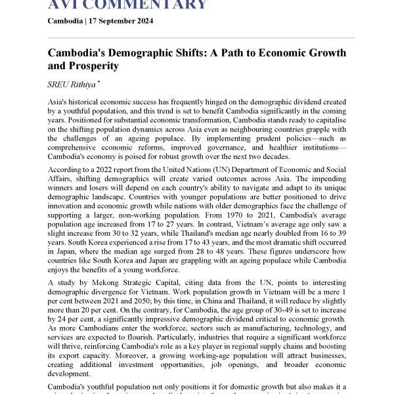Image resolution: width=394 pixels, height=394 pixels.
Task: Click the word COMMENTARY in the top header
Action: pyautogui.click(x=152, y=5)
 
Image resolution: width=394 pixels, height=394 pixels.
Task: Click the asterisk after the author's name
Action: pyautogui.click(x=97, y=82)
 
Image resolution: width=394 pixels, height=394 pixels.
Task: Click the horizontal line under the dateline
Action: pyautogui.click(x=201, y=37)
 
